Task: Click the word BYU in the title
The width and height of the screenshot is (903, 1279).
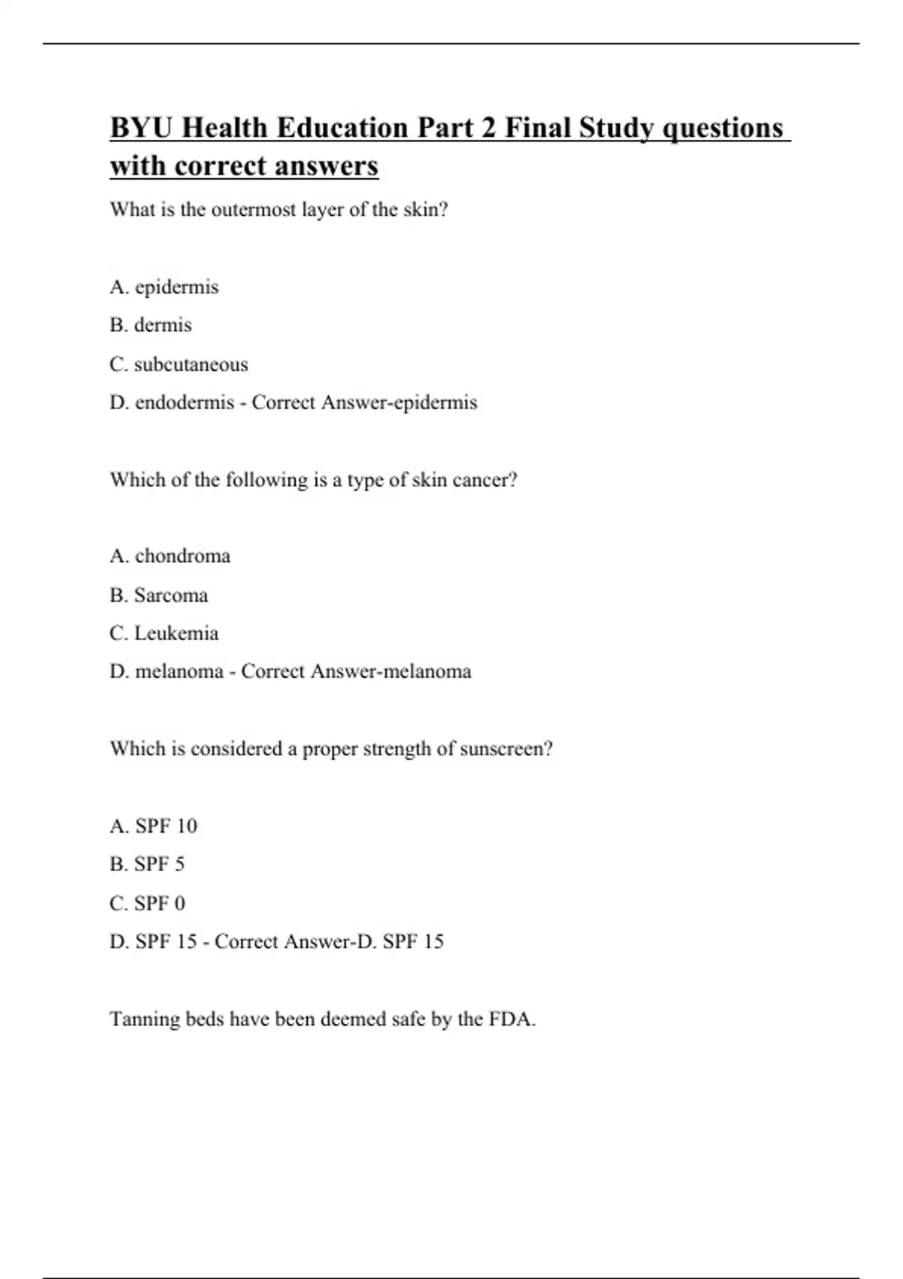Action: (142, 128)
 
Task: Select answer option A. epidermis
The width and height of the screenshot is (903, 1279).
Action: (164, 287)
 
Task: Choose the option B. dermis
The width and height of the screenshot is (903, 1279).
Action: (150, 325)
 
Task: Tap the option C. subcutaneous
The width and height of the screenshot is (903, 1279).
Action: (178, 364)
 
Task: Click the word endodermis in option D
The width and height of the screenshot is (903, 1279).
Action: (184, 403)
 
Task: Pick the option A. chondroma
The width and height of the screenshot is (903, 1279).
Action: (170, 556)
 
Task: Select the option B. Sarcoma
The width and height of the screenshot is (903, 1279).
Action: (159, 595)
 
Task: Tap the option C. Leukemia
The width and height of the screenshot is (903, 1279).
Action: (164, 633)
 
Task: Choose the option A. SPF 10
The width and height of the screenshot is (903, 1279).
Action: (154, 826)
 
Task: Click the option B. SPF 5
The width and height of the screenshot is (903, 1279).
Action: (147, 864)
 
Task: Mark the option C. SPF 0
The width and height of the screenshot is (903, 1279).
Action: (147, 903)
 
